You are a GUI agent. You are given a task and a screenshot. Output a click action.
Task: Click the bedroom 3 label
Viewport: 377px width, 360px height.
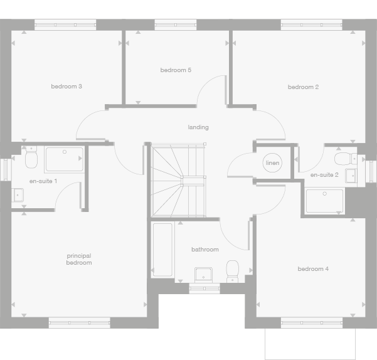point(66,86)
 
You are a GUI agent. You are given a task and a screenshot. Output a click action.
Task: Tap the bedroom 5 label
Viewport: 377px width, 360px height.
point(176,70)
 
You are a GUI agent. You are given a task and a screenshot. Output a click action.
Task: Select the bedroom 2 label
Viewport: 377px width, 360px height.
point(304,87)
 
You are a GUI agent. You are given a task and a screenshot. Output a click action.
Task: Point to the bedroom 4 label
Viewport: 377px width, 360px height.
point(313,269)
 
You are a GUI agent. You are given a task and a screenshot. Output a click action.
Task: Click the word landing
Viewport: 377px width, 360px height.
point(198,127)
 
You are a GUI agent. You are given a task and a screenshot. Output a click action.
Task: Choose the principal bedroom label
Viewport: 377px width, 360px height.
point(79,259)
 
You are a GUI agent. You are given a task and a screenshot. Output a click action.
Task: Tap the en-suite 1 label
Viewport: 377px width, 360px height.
point(43,181)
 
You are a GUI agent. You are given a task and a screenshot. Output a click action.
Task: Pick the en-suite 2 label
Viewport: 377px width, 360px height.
point(324,175)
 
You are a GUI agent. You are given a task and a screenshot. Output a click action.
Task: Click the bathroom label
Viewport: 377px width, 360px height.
point(205,250)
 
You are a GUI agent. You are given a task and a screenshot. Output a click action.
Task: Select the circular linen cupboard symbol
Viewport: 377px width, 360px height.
point(272,163)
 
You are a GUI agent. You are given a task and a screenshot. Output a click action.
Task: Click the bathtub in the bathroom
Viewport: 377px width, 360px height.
point(163,250)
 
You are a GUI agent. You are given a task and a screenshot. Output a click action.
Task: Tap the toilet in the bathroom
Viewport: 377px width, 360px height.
point(233,270)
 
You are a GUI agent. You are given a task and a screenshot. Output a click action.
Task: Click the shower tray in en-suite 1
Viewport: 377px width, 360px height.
point(64,159)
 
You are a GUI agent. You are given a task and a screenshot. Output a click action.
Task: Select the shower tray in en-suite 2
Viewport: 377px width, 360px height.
point(325,200)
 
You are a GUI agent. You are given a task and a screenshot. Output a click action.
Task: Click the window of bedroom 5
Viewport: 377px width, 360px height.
point(176,25)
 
